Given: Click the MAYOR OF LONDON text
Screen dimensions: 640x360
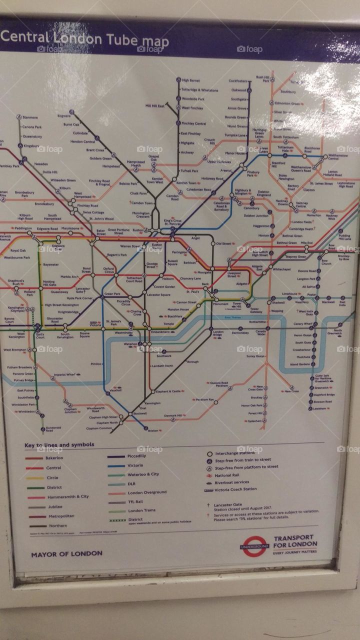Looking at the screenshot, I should coord(66,553).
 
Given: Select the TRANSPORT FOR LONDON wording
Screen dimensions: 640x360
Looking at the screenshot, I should coord(294,541).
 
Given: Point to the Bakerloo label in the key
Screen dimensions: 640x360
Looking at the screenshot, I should coord(54,457).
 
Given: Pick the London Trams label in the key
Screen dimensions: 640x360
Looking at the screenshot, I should coord(141,510).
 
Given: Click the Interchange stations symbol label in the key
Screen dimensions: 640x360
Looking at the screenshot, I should coord(236,453).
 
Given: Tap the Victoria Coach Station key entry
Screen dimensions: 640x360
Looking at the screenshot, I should coord(235,489).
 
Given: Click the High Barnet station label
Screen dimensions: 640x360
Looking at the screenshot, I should coord(190,80).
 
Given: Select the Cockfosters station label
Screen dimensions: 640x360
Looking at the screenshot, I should coord(238,80).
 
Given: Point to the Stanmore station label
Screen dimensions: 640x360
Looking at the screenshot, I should coord(30,117).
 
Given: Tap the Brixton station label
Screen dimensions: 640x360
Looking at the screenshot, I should coord(153,430).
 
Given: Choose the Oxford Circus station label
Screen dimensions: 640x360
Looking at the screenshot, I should coord(108,270).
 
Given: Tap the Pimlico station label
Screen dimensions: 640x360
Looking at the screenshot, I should coord(96,364).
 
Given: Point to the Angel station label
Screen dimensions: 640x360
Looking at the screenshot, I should coord(195,238).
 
